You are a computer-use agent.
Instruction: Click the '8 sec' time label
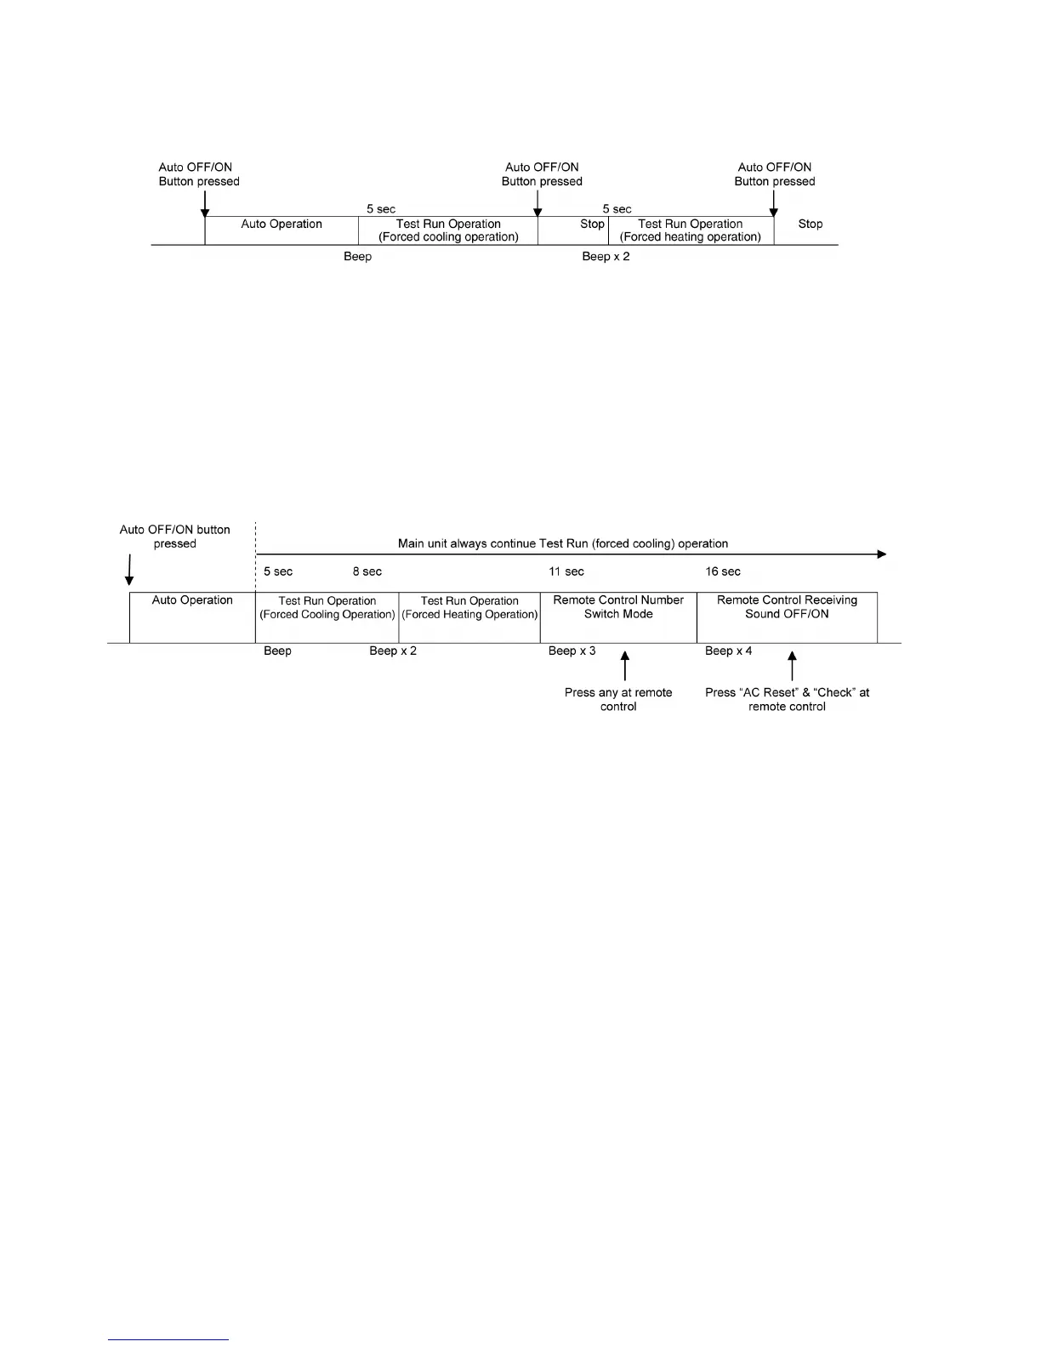367,571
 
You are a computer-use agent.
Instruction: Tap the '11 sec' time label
566,571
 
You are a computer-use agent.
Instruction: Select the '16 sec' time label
723,571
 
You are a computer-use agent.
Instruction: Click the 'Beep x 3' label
572,651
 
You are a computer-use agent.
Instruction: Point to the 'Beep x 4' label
728,651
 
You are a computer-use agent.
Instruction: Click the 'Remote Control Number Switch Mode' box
618,617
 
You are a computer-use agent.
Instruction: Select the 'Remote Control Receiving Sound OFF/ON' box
787,617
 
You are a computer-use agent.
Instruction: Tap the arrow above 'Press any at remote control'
625,666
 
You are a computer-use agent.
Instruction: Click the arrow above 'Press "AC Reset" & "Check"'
792,666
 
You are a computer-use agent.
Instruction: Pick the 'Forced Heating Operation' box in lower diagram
469,617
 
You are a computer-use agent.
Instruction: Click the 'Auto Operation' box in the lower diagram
192,617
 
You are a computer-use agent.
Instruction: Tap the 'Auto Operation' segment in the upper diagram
282,230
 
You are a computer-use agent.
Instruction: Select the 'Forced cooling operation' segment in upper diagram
448,230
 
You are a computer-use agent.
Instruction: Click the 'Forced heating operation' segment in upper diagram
691,230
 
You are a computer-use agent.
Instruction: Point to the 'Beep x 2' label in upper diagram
606,257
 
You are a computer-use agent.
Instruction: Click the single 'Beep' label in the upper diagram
357,257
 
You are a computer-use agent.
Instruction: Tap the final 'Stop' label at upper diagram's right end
811,224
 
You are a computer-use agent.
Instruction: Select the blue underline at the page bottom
168,1339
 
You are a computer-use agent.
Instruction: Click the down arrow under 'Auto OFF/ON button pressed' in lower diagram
129,570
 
